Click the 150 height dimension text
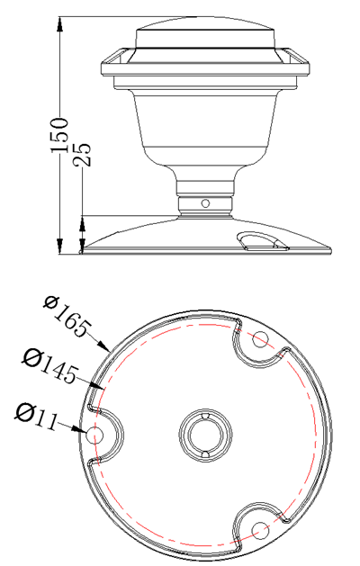click(61, 135)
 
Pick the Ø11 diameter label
click(39, 415)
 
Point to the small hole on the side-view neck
click(205, 203)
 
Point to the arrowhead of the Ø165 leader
click(107, 347)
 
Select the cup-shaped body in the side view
click(205, 121)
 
